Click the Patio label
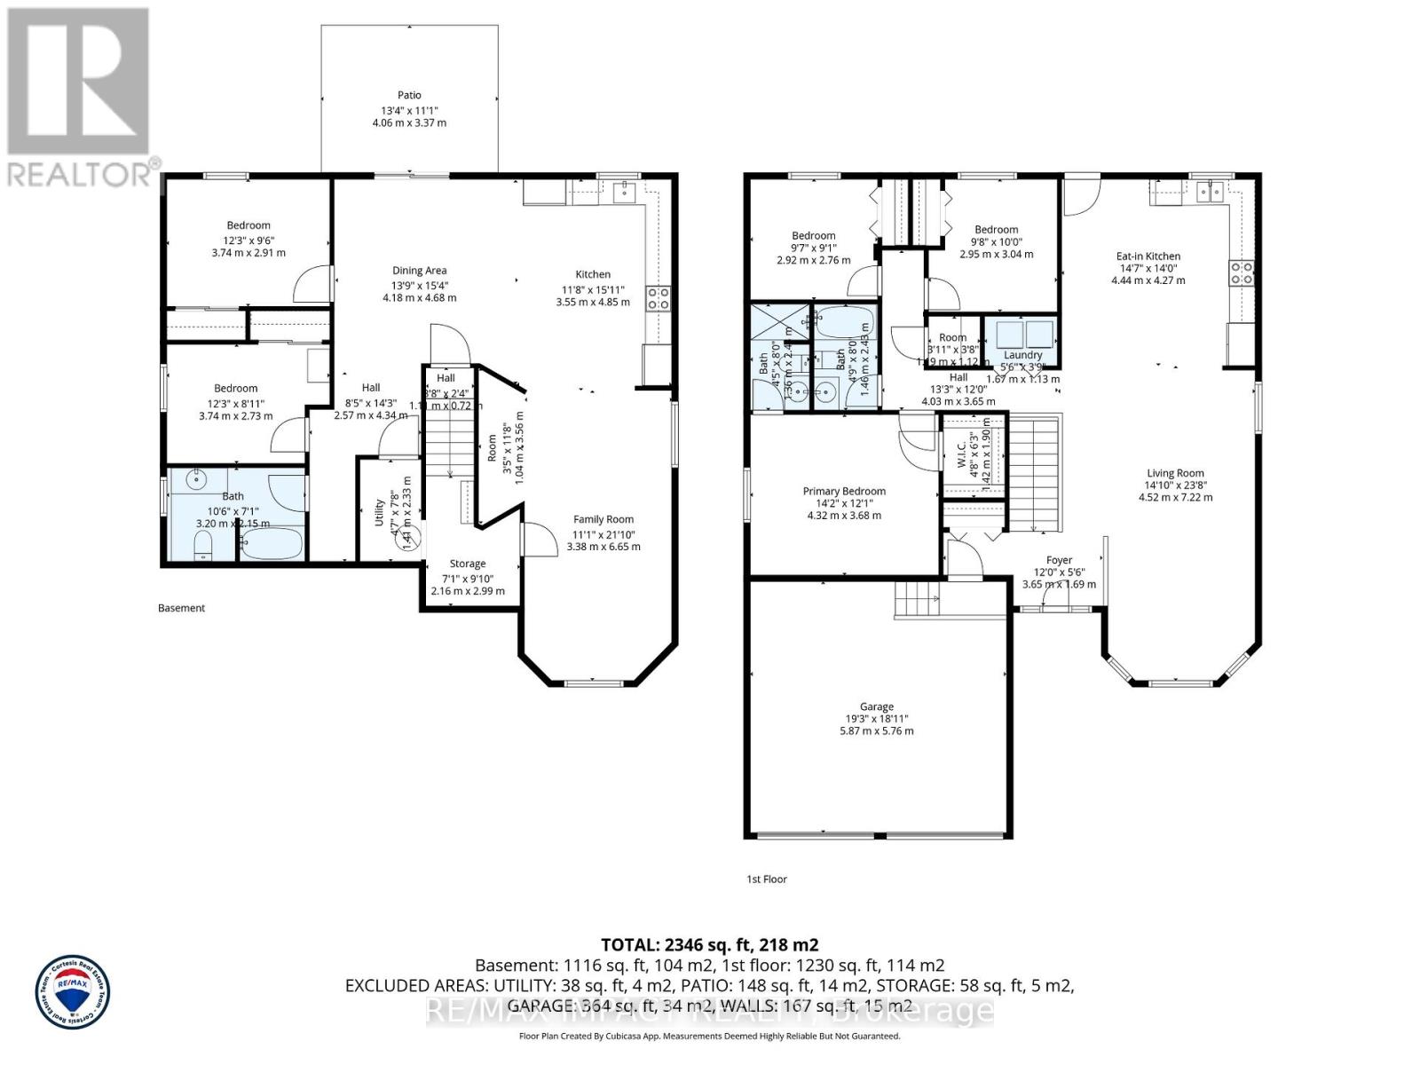[409, 95]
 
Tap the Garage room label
[876, 706]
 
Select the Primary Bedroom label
[844, 491]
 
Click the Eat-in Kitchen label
[1148, 256]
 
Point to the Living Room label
[1175, 473]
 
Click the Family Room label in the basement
[603, 519]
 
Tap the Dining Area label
[419, 271]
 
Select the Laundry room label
[1022, 355]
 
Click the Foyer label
[1059, 560]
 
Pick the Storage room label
[467, 564]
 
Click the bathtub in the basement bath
[271, 544]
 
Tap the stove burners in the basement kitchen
[658, 298]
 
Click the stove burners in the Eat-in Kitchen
[1241, 272]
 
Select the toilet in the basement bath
[203, 546]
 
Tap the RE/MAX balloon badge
[73, 991]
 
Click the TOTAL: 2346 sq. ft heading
[709, 944]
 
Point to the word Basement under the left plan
[181, 608]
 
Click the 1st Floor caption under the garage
[766, 880]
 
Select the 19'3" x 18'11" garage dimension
[876, 719]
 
